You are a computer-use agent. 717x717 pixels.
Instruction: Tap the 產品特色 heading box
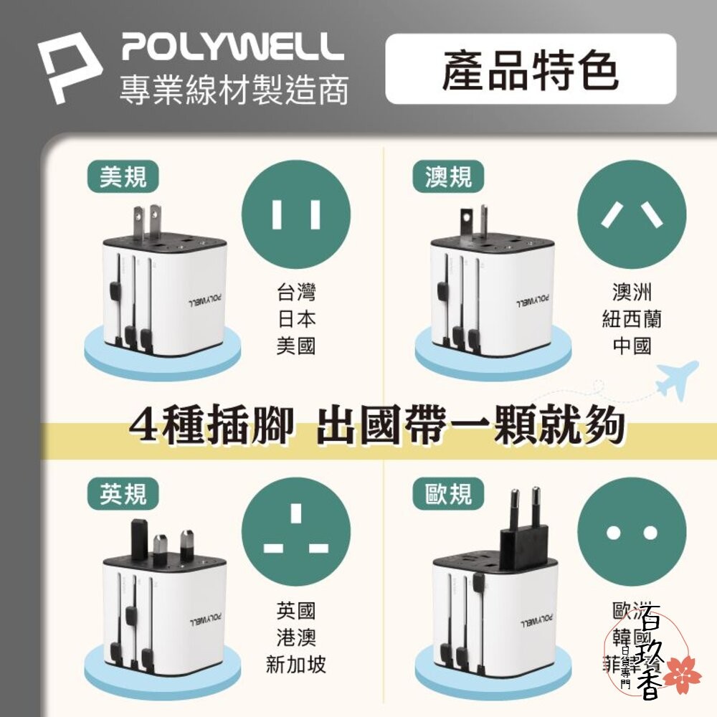(531, 70)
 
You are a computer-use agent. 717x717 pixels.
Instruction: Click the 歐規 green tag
(448, 494)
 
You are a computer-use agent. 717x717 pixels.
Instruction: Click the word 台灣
(295, 293)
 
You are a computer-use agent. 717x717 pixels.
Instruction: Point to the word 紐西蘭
(632, 319)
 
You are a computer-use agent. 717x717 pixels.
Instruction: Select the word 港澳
(295, 638)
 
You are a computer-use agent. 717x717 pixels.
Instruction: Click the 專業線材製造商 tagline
(234, 91)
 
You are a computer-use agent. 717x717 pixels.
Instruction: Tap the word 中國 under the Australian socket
(632, 346)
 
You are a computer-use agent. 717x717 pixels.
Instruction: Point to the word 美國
(295, 346)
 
